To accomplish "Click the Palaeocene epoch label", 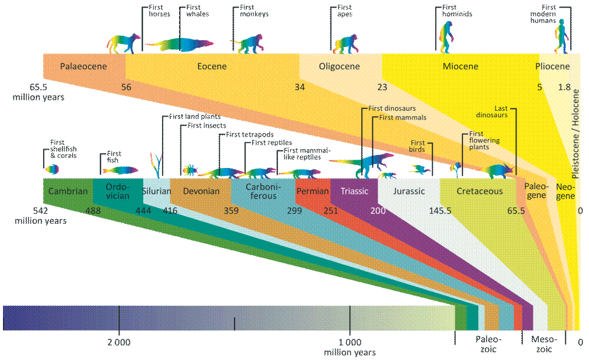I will (x=84, y=67).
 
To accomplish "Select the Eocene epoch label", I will (x=211, y=67).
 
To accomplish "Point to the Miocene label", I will (x=460, y=67).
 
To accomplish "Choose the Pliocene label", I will (x=552, y=67).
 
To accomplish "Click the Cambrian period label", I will (x=68, y=191).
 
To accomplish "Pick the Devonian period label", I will (x=201, y=191).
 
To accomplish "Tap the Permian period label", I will (x=312, y=191).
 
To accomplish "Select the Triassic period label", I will (x=354, y=191).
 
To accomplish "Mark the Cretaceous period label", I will (x=480, y=191).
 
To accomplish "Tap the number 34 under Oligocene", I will (x=300, y=87).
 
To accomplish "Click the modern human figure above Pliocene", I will (x=562, y=37).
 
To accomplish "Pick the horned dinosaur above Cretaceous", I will (x=498, y=170).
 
